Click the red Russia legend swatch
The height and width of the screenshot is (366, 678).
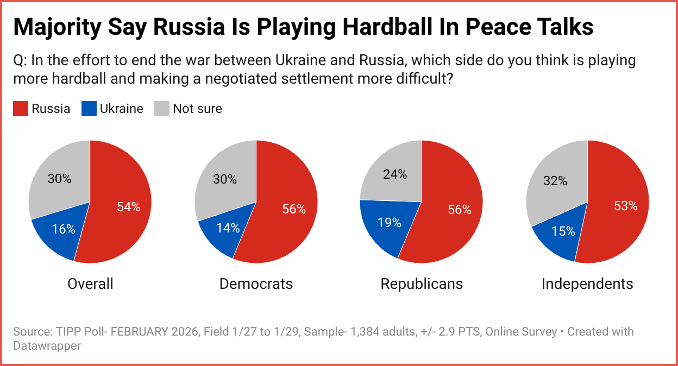click(21, 109)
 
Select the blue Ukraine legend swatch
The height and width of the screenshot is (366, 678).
click(89, 109)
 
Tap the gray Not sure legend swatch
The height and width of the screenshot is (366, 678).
click(162, 109)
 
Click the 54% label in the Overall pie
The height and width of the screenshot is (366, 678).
click(129, 207)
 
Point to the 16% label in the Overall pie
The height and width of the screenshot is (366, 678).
click(64, 229)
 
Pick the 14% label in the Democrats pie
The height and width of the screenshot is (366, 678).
click(228, 228)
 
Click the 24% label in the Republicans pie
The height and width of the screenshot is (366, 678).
click(395, 174)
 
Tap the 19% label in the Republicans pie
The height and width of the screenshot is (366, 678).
click(390, 222)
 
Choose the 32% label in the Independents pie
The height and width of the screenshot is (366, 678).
click(555, 181)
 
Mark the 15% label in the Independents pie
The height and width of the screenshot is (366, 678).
click(563, 231)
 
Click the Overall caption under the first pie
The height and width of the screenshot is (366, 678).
click(90, 283)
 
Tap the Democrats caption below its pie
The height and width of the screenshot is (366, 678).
click(256, 283)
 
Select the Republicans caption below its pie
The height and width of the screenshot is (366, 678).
click(422, 283)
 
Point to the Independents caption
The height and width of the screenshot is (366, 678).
click(587, 283)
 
